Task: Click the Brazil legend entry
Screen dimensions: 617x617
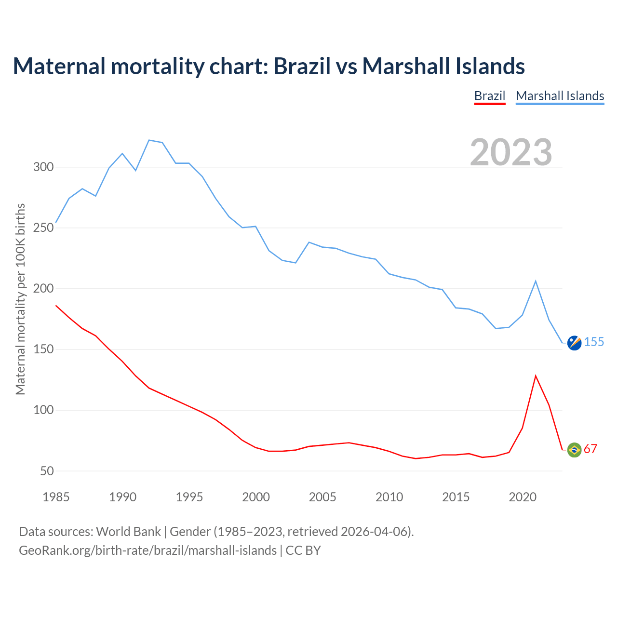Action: (x=490, y=96)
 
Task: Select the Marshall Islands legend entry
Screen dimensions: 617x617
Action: (x=560, y=96)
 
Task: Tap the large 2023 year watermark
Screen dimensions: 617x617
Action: (x=511, y=152)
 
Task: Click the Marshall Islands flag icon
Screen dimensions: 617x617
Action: (x=574, y=343)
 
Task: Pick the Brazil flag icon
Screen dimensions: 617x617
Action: (x=574, y=450)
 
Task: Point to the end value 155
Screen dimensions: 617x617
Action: (x=594, y=342)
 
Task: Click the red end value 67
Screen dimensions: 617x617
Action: (x=590, y=449)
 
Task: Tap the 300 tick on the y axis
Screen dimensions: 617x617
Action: (x=43, y=167)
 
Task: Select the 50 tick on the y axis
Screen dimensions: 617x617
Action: (x=47, y=471)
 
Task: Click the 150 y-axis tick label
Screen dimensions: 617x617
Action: (x=43, y=349)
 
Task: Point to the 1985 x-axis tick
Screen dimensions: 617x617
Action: (x=56, y=497)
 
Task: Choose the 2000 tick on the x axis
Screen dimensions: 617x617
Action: (x=256, y=497)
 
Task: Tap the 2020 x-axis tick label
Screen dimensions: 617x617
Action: (x=523, y=497)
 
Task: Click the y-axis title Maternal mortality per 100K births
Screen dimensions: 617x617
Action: (x=20, y=299)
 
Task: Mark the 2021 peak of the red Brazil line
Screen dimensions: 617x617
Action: (x=536, y=376)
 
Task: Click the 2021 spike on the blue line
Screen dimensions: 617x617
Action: (x=536, y=281)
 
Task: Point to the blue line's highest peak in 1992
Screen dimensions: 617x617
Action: (x=149, y=140)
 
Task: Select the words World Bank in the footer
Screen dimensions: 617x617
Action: (x=128, y=532)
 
